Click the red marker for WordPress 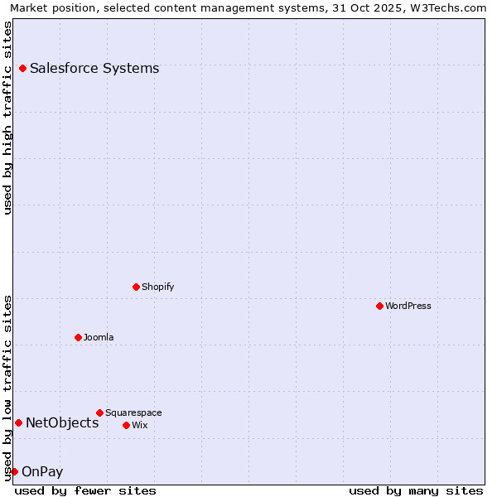[x=379, y=306]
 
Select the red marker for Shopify [x=136, y=287]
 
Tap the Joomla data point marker [x=78, y=337]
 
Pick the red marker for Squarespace [x=99, y=413]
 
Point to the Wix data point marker [x=126, y=425]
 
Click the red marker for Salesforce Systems [x=22, y=68]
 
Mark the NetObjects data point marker [x=18, y=422]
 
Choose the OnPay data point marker [x=14, y=471]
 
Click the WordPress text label [x=408, y=306]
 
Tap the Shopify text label [x=158, y=287]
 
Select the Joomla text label [x=99, y=337]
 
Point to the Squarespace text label [x=133, y=413]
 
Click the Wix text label [x=140, y=425]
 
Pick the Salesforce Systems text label [x=94, y=68]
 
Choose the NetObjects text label [x=62, y=422]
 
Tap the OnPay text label [x=42, y=471]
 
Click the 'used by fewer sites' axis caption [x=85, y=490]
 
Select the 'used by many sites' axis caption [x=416, y=490]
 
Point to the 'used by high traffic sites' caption [x=7, y=118]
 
